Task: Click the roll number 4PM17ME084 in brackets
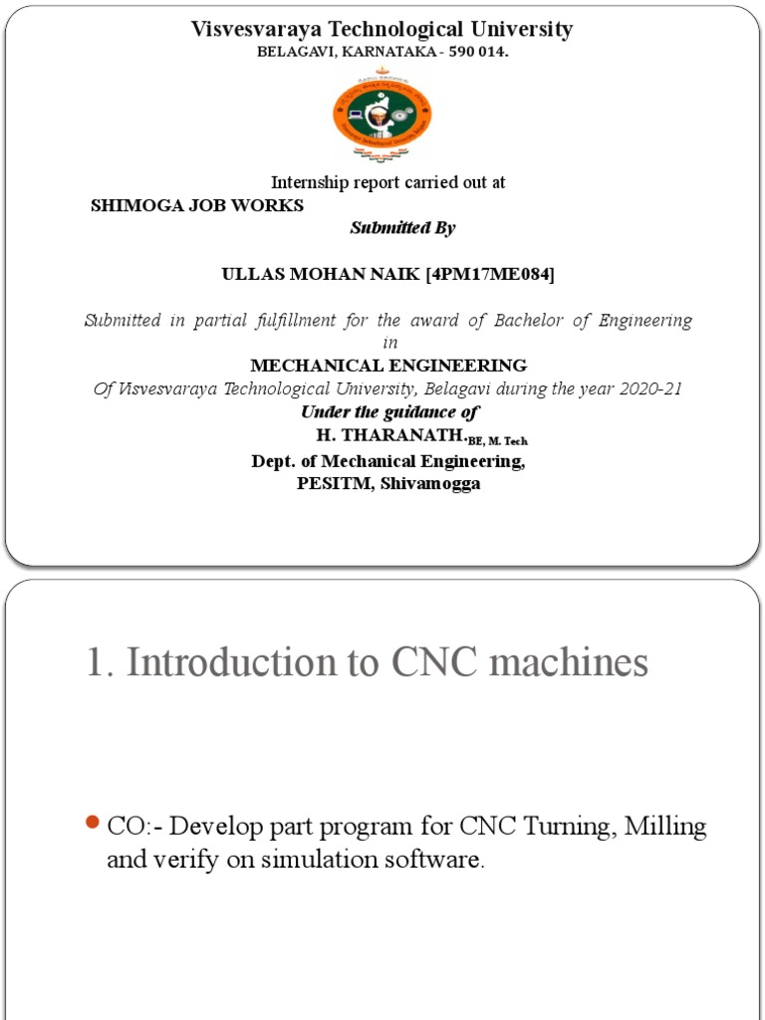coord(490,274)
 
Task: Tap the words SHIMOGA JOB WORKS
coord(197,206)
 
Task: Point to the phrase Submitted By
coord(402,228)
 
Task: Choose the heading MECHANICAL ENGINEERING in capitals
coord(388,366)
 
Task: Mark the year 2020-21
coord(648,389)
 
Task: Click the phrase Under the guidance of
coord(390,412)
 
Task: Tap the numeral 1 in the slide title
coord(96,662)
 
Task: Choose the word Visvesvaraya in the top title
coord(253,30)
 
